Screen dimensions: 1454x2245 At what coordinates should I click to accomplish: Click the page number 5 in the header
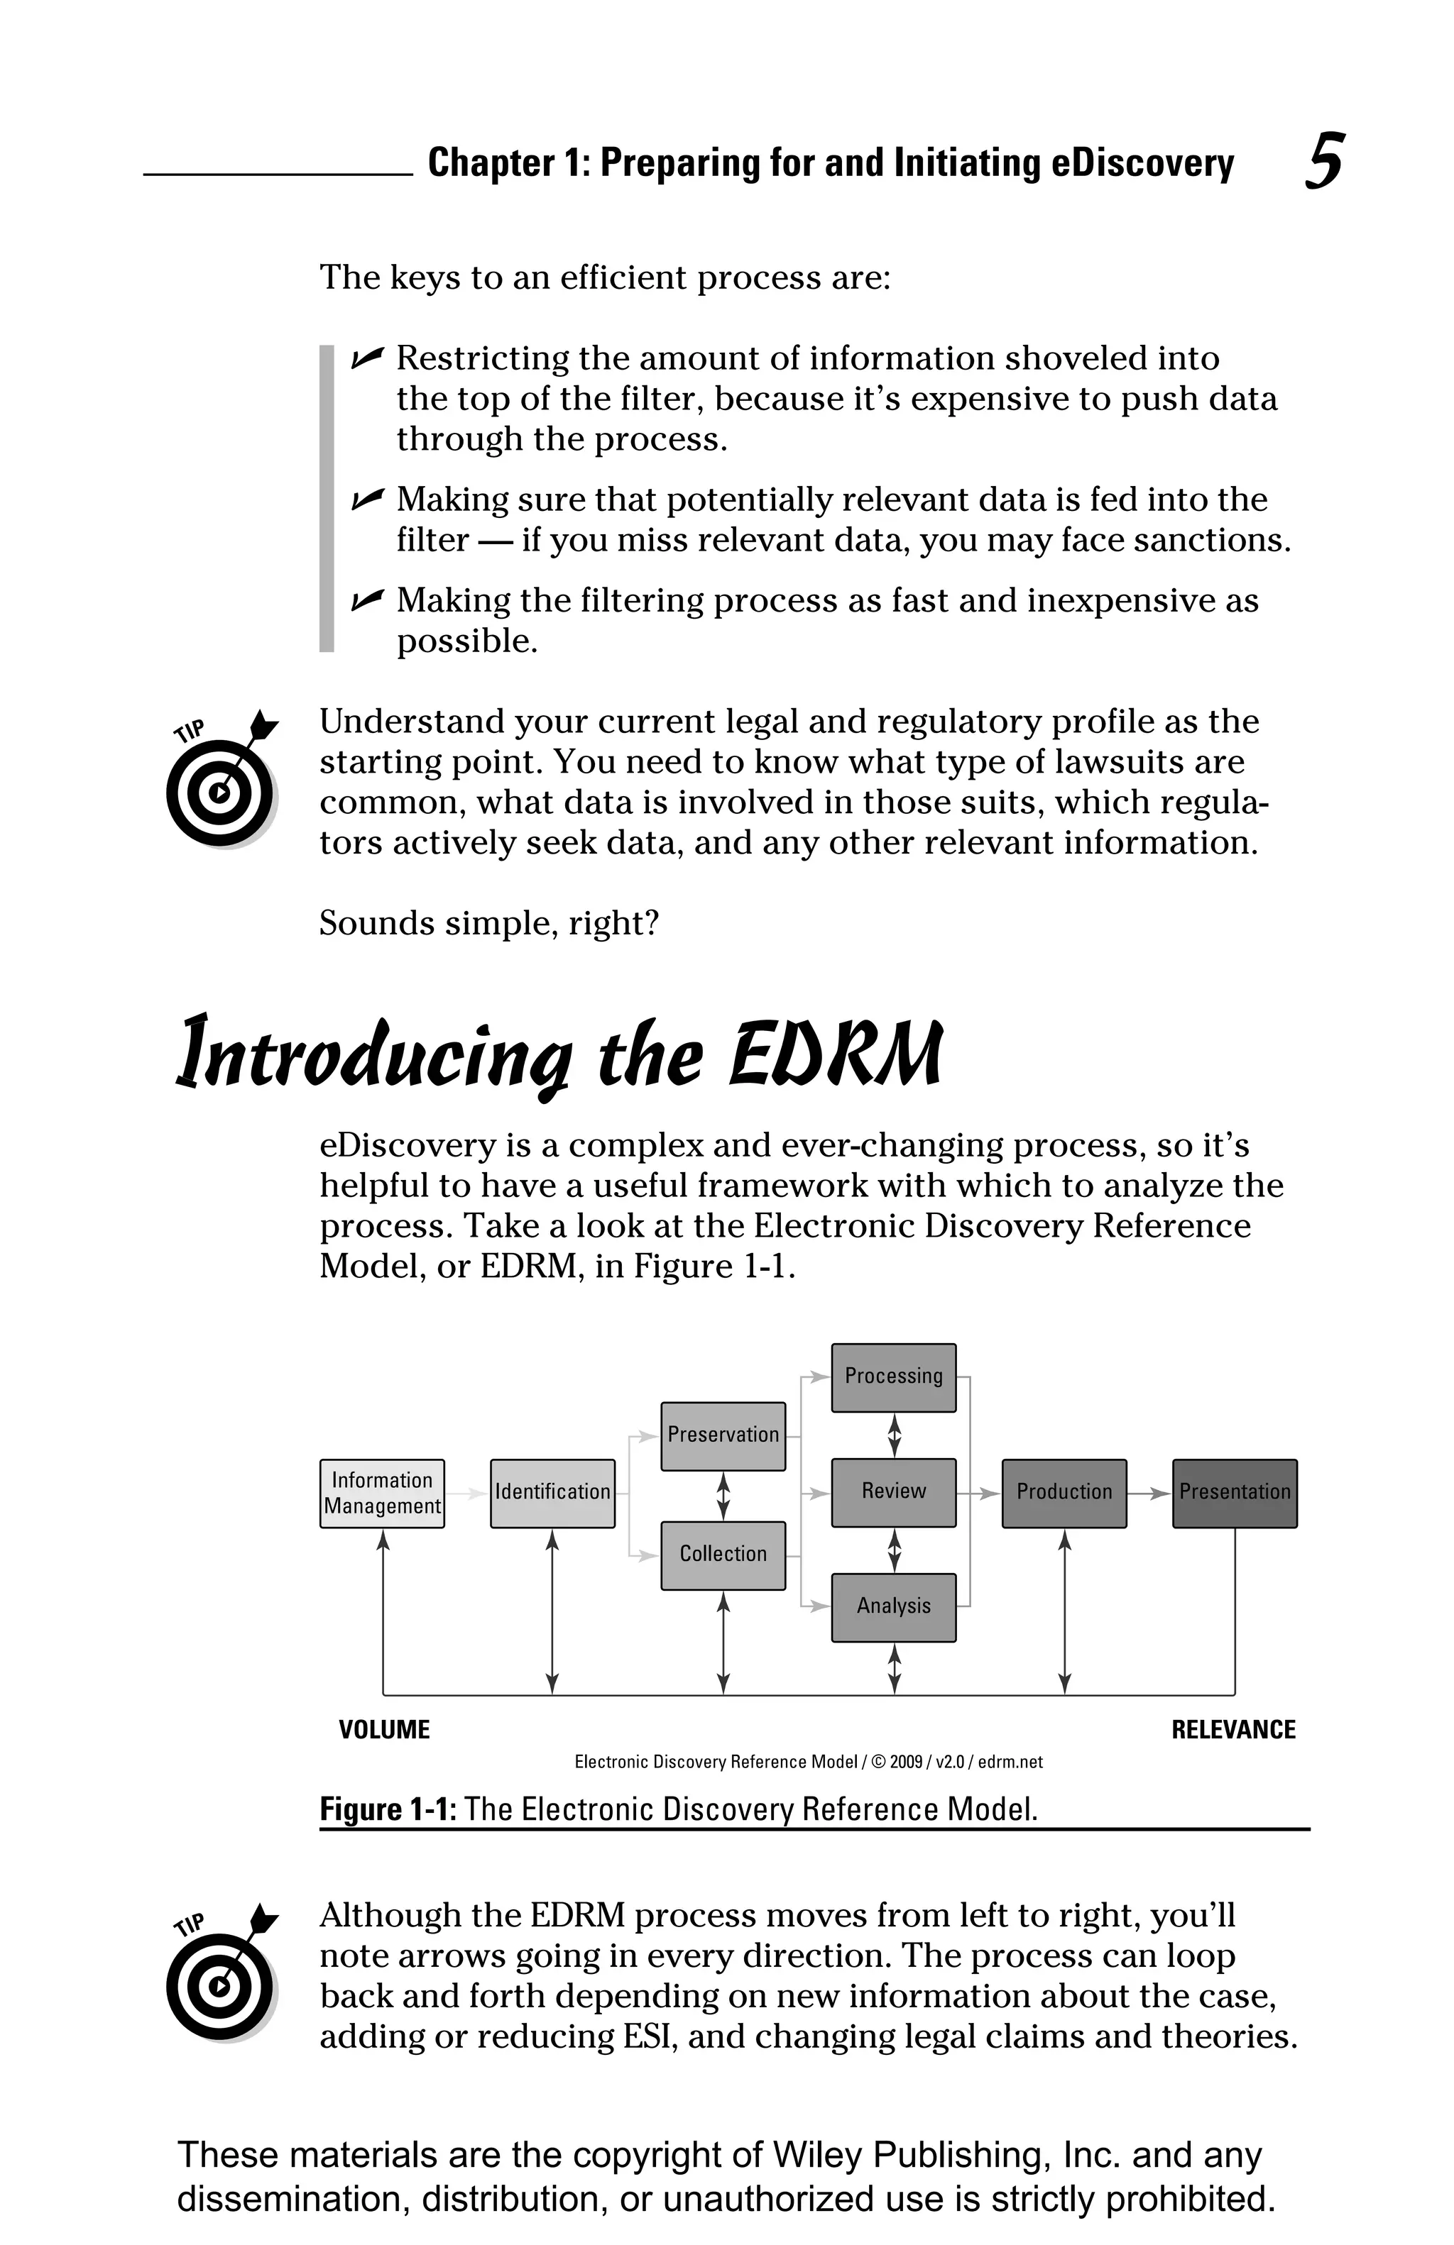click(1324, 162)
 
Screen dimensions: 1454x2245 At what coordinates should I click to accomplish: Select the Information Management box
click(382, 1492)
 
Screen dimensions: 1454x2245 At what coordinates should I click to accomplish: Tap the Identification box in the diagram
click(552, 1492)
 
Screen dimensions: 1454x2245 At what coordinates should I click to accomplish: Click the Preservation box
click(723, 1435)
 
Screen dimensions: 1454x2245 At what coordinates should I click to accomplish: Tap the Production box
click(1064, 1492)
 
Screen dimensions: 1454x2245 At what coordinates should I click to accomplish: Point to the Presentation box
click(1234, 1492)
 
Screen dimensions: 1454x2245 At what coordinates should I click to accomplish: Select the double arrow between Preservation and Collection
click(723, 1495)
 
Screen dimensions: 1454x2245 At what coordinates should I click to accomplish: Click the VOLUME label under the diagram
click(384, 1730)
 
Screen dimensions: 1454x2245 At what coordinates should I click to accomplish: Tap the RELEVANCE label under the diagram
click(1233, 1730)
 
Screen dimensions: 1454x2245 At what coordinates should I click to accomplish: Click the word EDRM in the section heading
click(836, 1054)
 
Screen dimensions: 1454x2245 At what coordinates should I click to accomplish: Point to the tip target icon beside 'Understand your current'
click(221, 781)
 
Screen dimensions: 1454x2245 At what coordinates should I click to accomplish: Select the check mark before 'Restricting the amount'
click(367, 358)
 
